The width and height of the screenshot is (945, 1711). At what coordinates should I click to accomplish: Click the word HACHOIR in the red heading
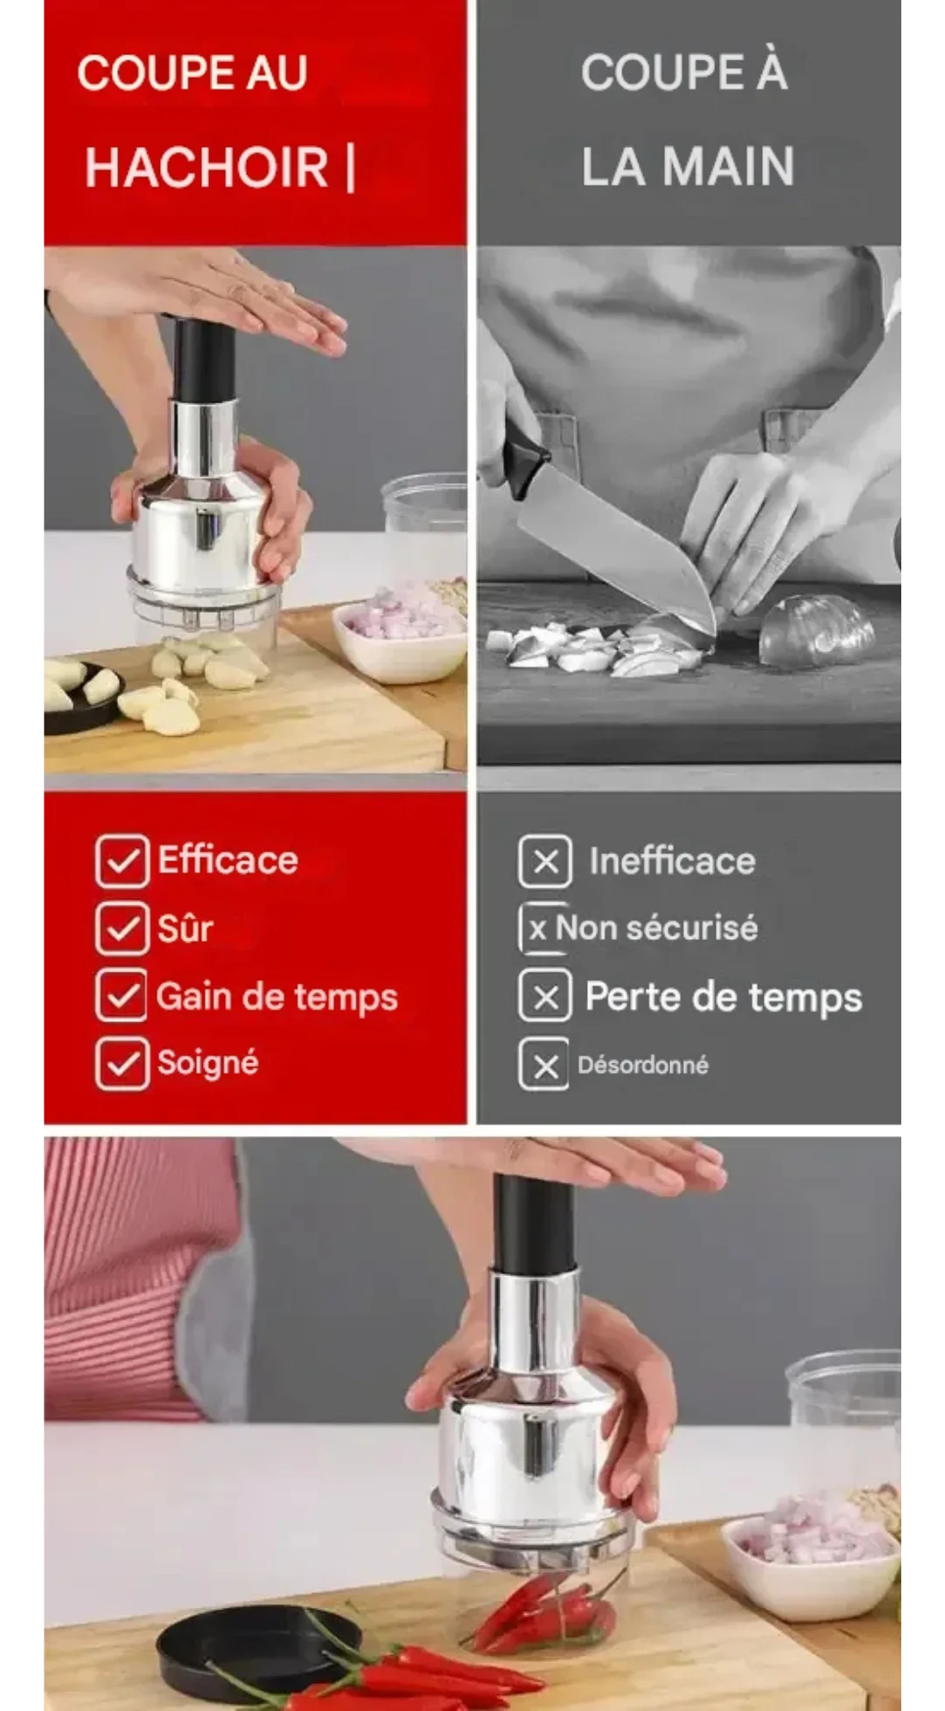click(206, 167)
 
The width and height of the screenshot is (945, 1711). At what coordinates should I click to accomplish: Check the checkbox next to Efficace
click(122, 861)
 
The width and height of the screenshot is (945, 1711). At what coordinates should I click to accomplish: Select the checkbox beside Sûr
click(122, 929)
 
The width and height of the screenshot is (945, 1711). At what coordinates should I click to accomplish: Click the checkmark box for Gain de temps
click(122, 995)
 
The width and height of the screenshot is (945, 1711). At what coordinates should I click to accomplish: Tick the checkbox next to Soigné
click(122, 1063)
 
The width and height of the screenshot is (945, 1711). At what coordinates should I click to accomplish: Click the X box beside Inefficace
click(545, 861)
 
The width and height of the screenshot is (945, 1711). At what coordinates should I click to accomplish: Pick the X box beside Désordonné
click(543, 1064)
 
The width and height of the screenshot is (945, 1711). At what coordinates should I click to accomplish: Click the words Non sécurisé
click(657, 928)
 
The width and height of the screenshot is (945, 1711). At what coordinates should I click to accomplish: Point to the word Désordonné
click(643, 1065)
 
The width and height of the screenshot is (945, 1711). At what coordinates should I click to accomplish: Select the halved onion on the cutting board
click(815, 629)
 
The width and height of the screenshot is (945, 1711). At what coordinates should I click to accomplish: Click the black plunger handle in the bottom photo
click(535, 1224)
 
